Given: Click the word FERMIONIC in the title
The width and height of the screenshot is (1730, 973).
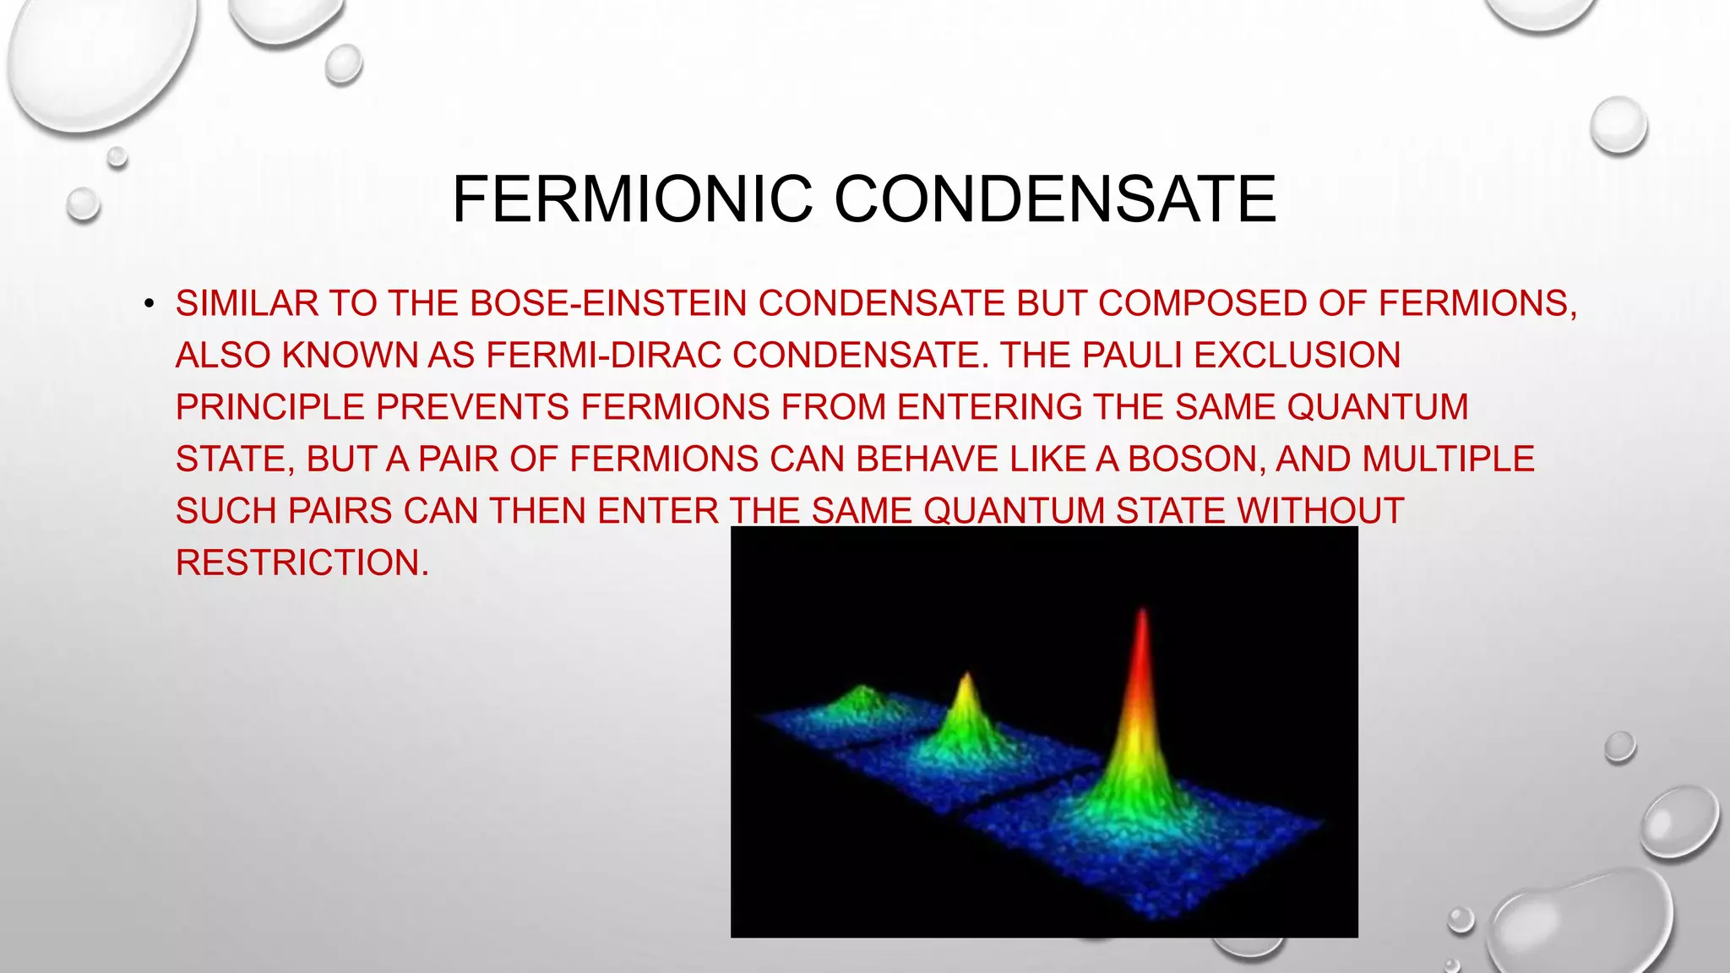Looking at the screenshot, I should [x=632, y=199].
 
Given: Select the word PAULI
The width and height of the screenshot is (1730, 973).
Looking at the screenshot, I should [x=1132, y=356].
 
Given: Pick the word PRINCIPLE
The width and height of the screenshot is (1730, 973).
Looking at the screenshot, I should [x=269, y=407].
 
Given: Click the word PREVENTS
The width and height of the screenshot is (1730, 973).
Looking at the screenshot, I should [x=472, y=407].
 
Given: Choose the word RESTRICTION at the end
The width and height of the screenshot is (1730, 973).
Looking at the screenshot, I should [x=302, y=563].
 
